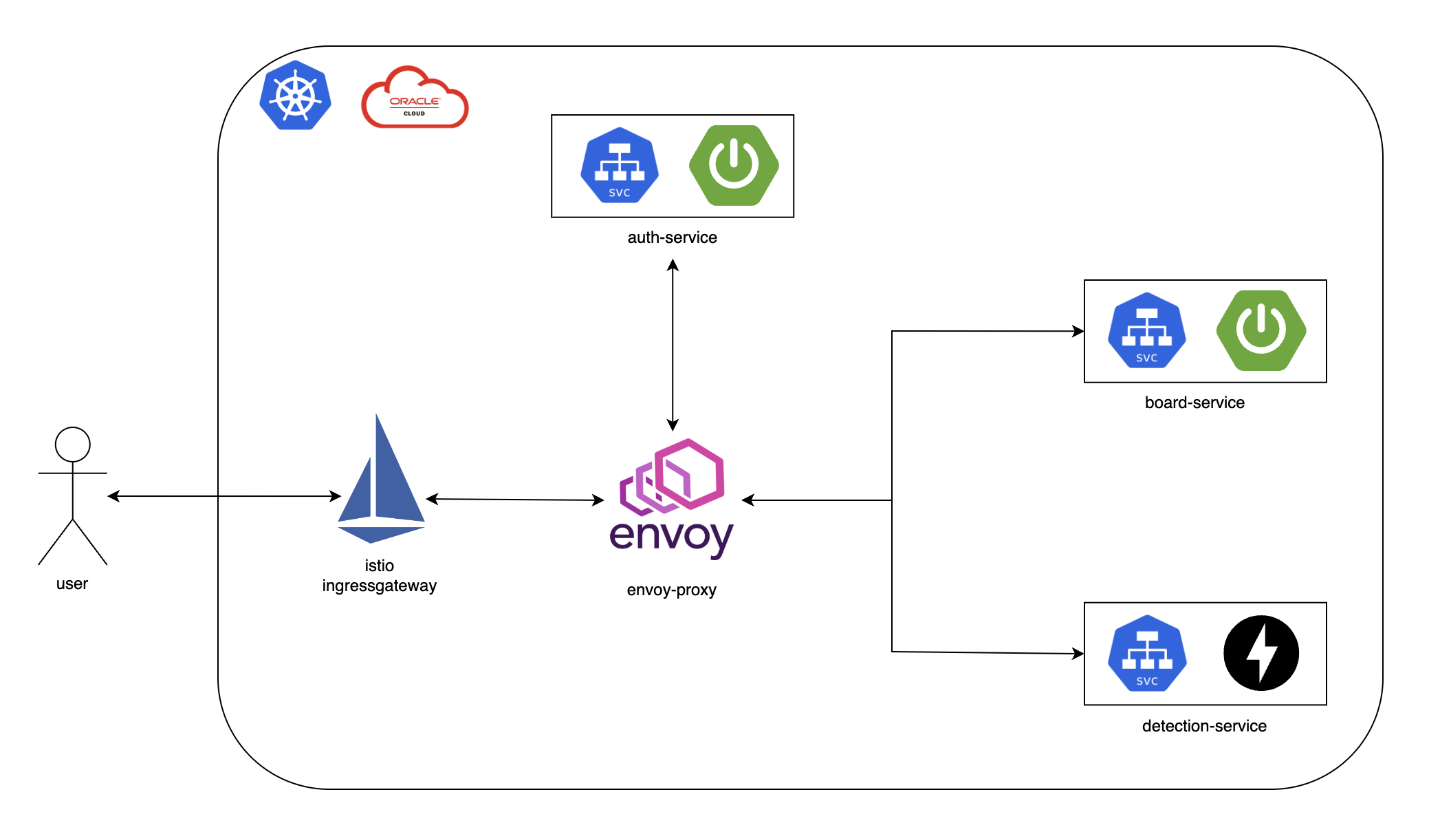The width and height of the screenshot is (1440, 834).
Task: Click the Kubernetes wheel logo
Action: pyautogui.click(x=296, y=96)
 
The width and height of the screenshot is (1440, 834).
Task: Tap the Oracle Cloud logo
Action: pyautogui.click(x=415, y=98)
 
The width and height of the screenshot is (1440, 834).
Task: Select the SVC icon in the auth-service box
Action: pyautogui.click(x=620, y=165)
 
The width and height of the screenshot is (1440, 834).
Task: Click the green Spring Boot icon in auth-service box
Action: pyautogui.click(x=734, y=165)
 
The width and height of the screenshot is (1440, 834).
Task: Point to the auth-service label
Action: pyautogui.click(x=672, y=237)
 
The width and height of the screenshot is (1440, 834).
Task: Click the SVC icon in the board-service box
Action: pyautogui.click(x=1146, y=330)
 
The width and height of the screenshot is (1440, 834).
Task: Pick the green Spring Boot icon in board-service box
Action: pyautogui.click(x=1261, y=330)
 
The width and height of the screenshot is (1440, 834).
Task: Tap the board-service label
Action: pyautogui.click(x=1194, y=403)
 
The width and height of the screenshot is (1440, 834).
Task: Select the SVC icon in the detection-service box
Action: pyautogui.click(x=1147, y=653)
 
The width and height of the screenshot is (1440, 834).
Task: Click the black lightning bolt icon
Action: pyautogui.click(x=1261, y=653)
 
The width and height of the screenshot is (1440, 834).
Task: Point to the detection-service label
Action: pyautogui.click(x=1204, y=726)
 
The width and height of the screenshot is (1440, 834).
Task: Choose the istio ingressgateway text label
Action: pyautogui.click(x=380, y=576)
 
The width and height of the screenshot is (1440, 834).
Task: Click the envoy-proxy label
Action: pyautogui.click(x=671, y=590)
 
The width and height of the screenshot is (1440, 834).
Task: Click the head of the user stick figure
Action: pyautogui.click(x=73, y=445)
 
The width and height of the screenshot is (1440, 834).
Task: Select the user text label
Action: pyautogui.click(x=72, y=584)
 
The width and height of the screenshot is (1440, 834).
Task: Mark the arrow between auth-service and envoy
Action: pyautogui.click(x=673, y=344)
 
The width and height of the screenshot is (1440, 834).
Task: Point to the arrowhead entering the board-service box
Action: pyautogui.click(x=1078, y=332)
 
